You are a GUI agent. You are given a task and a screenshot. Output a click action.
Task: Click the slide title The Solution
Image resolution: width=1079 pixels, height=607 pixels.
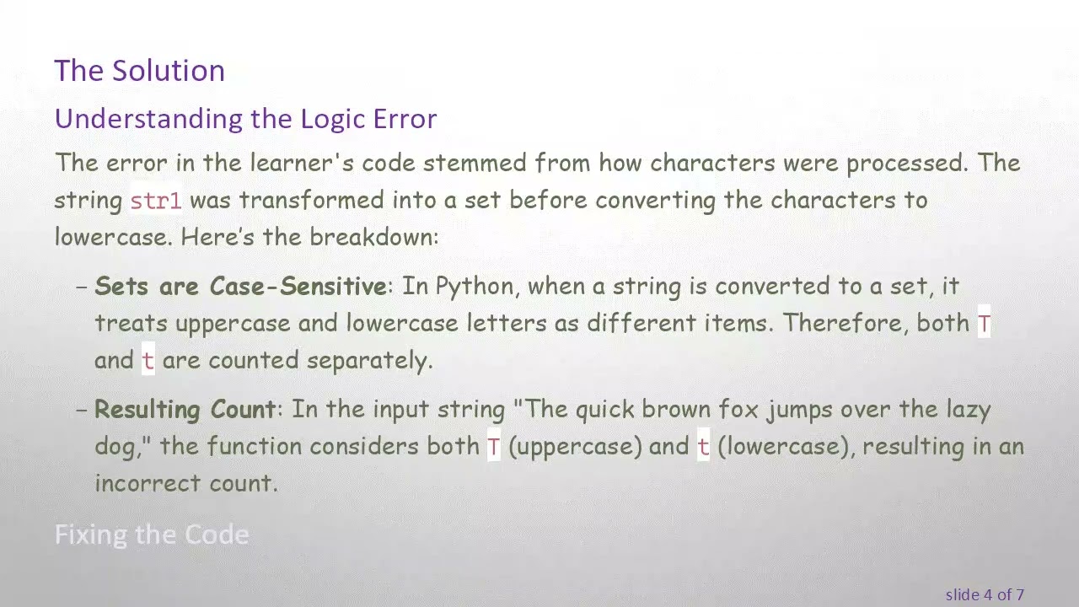click(x=139, y=70)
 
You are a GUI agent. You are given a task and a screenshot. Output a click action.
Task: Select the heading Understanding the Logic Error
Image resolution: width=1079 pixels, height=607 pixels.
click(x=245, y=119)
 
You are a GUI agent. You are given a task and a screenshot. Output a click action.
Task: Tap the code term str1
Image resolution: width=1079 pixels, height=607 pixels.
click(x=155, y=201)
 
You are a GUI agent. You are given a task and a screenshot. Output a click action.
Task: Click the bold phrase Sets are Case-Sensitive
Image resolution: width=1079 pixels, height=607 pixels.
click(x=240, y=287)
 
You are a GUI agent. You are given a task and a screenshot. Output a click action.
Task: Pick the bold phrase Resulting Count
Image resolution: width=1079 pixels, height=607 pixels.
click(x=185, y=410)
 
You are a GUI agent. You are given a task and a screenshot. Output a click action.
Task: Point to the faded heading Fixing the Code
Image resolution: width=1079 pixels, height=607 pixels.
click(x=152, y=534)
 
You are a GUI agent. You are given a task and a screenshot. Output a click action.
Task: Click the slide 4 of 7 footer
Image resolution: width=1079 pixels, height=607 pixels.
click(x=984, y=594)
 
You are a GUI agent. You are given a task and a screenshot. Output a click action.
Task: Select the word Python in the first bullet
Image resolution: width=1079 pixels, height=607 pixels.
click(x=474, y=287)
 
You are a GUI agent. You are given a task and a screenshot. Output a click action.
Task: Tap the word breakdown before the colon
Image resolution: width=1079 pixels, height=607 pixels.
click(x=371, y=237)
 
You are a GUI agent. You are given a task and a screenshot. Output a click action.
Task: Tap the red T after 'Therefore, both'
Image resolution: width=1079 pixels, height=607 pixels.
click(x=984, y=325)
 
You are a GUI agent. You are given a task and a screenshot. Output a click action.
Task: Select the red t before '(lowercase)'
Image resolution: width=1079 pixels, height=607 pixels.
click(x=702, y=447)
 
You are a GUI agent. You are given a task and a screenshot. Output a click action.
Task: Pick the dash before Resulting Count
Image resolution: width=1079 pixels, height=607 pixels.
click(x=82, y=410)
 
